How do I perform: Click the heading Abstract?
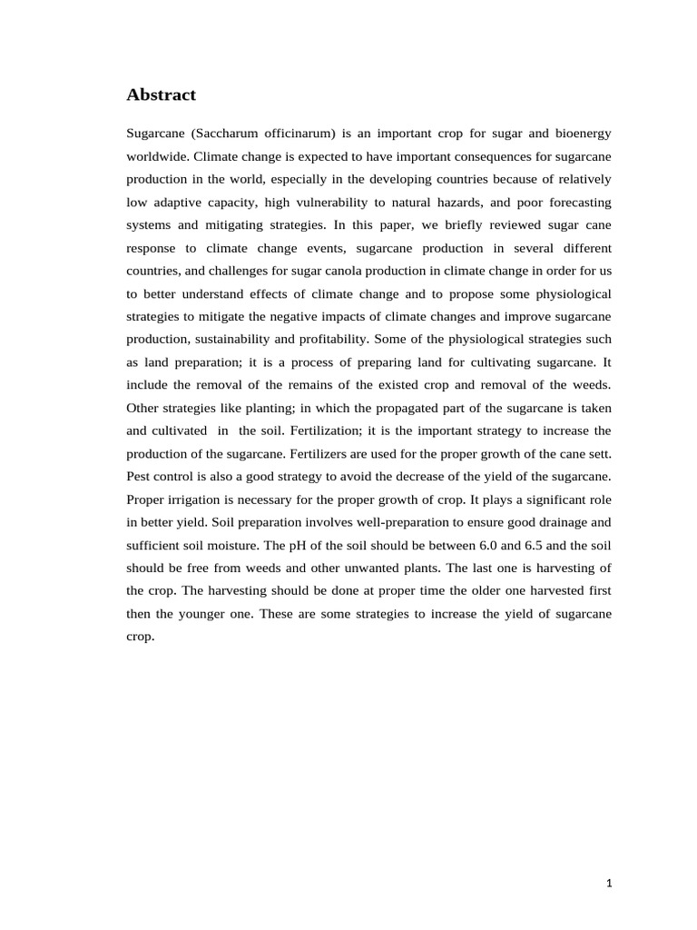[161, 94]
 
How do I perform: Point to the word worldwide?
[157, 155]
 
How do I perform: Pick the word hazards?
[454, 202]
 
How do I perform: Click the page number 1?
[609, 884]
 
